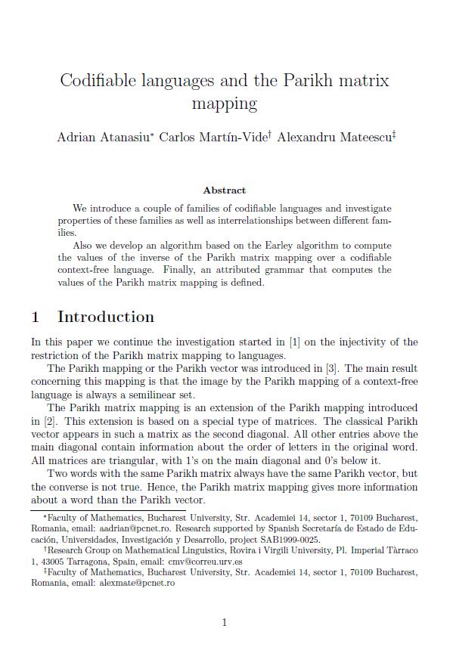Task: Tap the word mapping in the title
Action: pos(225,103)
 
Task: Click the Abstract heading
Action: pos(225,190)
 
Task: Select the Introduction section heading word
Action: pos(106,317)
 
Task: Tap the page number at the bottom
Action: pos(225,622)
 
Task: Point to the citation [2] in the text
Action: pos(45,421)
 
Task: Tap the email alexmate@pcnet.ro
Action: pos(136,584)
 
